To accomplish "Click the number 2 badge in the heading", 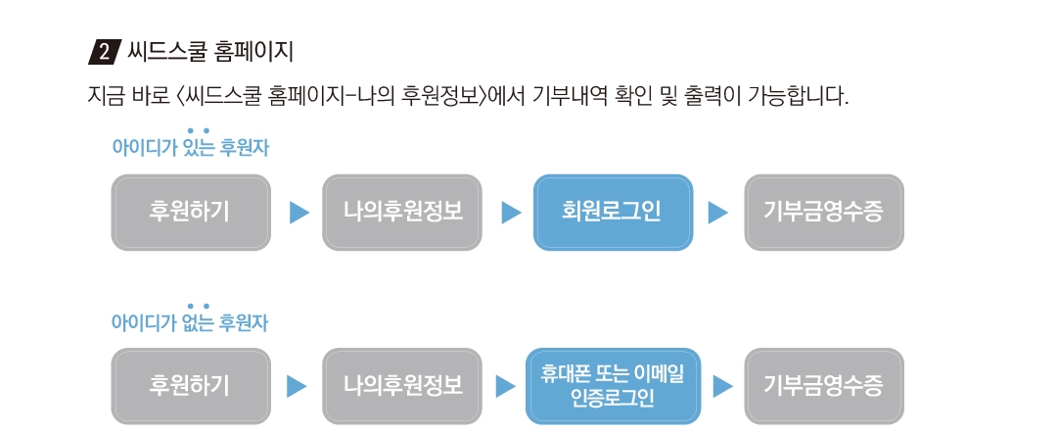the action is [104, 53].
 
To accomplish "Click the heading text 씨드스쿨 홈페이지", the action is [209, 52].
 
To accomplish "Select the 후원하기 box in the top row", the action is [191, 213].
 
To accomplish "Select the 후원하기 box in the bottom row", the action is [191, 386].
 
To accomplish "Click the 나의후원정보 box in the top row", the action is [402, 213].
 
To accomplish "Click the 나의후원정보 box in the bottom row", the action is [402, 386].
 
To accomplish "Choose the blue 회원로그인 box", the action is [613, 213].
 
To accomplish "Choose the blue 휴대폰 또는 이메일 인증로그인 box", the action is [613, 386].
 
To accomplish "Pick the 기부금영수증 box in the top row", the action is [824, 213].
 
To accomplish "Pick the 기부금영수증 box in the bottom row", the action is [824, 386].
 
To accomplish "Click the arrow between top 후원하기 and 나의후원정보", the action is [299, 213].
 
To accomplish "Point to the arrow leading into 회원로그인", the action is [511, 213].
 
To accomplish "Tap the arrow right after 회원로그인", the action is [718, 213].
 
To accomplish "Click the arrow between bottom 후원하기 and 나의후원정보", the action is [297, 386].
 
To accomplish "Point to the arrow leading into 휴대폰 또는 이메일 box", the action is [506, 386].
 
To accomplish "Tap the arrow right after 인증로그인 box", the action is [722, 386].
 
